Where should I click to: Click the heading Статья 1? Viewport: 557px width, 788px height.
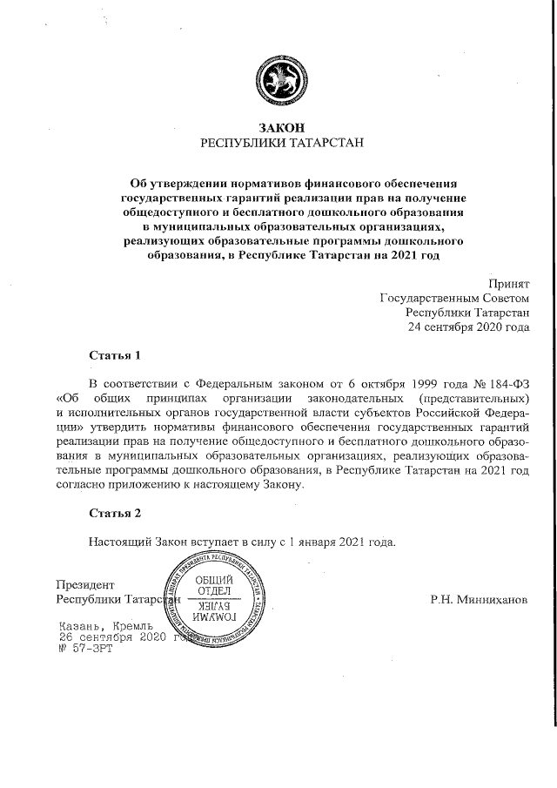114,356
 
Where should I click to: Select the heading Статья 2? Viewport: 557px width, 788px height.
114,513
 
